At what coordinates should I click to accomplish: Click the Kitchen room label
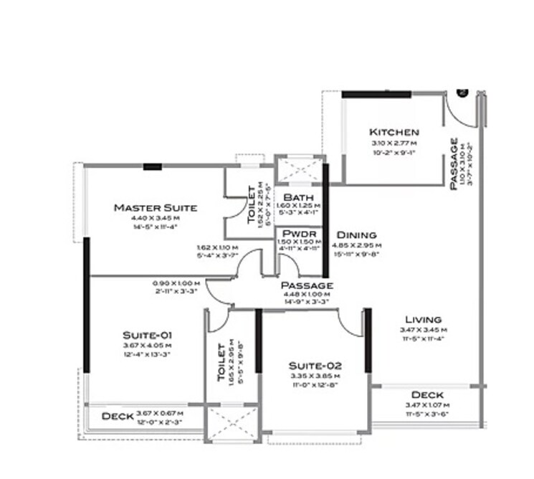(x=394, y=132)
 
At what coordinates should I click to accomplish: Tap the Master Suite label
(x=156, y=208)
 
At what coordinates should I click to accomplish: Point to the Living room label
(x=423, y=320)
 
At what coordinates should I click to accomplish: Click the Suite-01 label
(x=148, y=335)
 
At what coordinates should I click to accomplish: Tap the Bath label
(x=296, y=197)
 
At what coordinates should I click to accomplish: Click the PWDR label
(x=295, y=234)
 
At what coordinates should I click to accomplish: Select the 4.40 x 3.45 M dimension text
(x=156, y=218)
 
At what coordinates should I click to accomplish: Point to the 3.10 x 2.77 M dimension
(x=394, y=143)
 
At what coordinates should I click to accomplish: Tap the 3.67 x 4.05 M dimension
(x=148, y=346)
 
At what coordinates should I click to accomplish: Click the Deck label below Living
(x=427, y=395)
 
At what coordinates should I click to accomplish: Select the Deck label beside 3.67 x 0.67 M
(x=117, y=416)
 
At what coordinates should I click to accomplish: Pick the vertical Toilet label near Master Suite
(x=251, y=205)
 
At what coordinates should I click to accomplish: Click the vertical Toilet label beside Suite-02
(x=221, y=362)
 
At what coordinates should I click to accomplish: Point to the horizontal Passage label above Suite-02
(x=307, y=285)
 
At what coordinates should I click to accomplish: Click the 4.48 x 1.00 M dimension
(x=307, y=294)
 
